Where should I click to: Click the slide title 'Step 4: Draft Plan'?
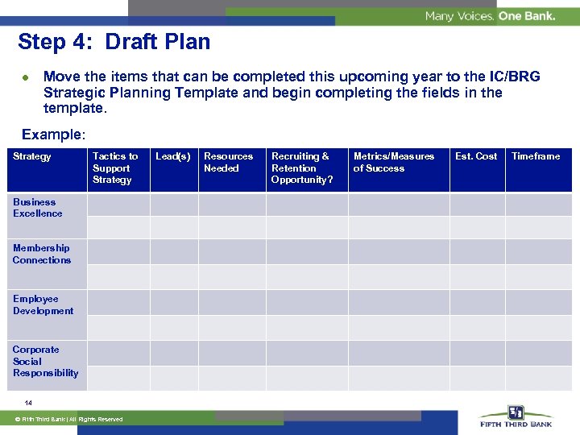point(114,42)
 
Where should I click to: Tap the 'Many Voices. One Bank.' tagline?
point(490,16)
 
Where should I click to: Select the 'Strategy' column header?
point(32,156)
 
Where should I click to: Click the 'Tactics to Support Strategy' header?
point(114,168)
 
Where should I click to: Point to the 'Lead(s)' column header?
point(172,156)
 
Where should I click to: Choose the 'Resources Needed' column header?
point(228,162)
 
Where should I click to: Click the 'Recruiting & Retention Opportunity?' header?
point(301,168)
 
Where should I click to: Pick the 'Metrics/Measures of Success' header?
point(393,162)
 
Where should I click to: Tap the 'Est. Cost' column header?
point(476,156)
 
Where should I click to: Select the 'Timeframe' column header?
point(536,156)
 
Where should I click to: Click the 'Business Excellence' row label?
point(37,208)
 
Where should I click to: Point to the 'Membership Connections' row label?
point(41,254)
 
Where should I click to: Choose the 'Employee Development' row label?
point(43,304)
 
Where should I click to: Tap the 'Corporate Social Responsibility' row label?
point(45,361)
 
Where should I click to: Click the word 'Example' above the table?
point(52,135)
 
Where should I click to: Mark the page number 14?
point(28,403)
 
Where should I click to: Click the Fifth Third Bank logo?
point(516,416)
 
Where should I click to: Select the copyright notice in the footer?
point(72,419)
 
